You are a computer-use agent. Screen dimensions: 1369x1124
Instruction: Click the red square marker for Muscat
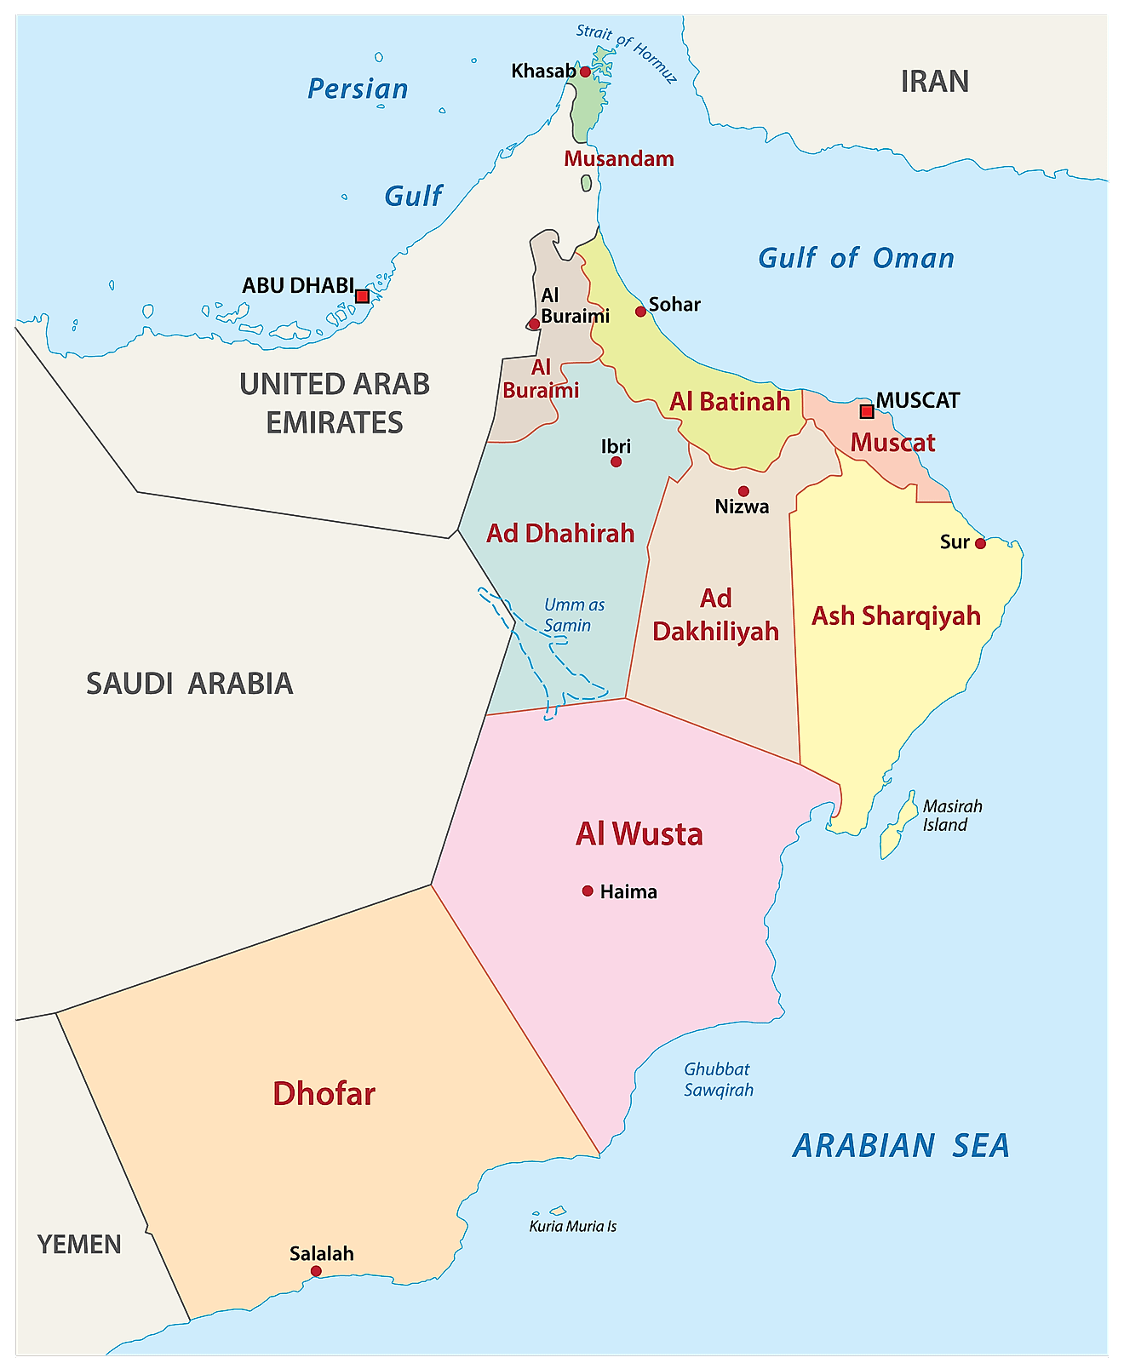[x=866, y=412]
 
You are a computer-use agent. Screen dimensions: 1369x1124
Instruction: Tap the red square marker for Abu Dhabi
[x=362, y=296]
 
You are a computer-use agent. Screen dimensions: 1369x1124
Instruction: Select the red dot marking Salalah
[x=316, y=1271]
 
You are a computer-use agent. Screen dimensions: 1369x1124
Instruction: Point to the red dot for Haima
[x=588, y=891]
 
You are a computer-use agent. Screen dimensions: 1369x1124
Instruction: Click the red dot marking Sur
[x=980, y=543]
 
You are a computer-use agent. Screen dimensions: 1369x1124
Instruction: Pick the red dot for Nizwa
[x=743, y=491]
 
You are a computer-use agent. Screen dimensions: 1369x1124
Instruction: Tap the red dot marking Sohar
[x=640, y=312]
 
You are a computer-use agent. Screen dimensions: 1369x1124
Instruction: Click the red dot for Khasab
[x=585, y=72]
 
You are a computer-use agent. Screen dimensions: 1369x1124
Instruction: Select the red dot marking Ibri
[x=616, y=462]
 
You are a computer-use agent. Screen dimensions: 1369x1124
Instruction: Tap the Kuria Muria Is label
[x=572, y=1227]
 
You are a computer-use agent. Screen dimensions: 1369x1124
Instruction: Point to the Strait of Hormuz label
[x=627, y=53]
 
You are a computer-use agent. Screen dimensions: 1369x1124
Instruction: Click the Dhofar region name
[x=324, y=1094]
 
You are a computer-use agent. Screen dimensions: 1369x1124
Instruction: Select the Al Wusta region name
[x=639, y=834]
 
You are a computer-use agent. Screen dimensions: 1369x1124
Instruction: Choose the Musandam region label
[x=619, y=159]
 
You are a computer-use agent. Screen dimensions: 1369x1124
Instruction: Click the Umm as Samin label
[x=573, y=615]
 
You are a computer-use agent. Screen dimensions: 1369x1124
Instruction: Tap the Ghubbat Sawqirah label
[x=718, y=1080]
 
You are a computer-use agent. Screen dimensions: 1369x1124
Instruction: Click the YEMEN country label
[x=79, y=1245]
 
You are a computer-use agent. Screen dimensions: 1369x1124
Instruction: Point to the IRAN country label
[x=934, y=82]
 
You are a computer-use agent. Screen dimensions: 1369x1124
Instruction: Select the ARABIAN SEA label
[x=901, y=1146]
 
